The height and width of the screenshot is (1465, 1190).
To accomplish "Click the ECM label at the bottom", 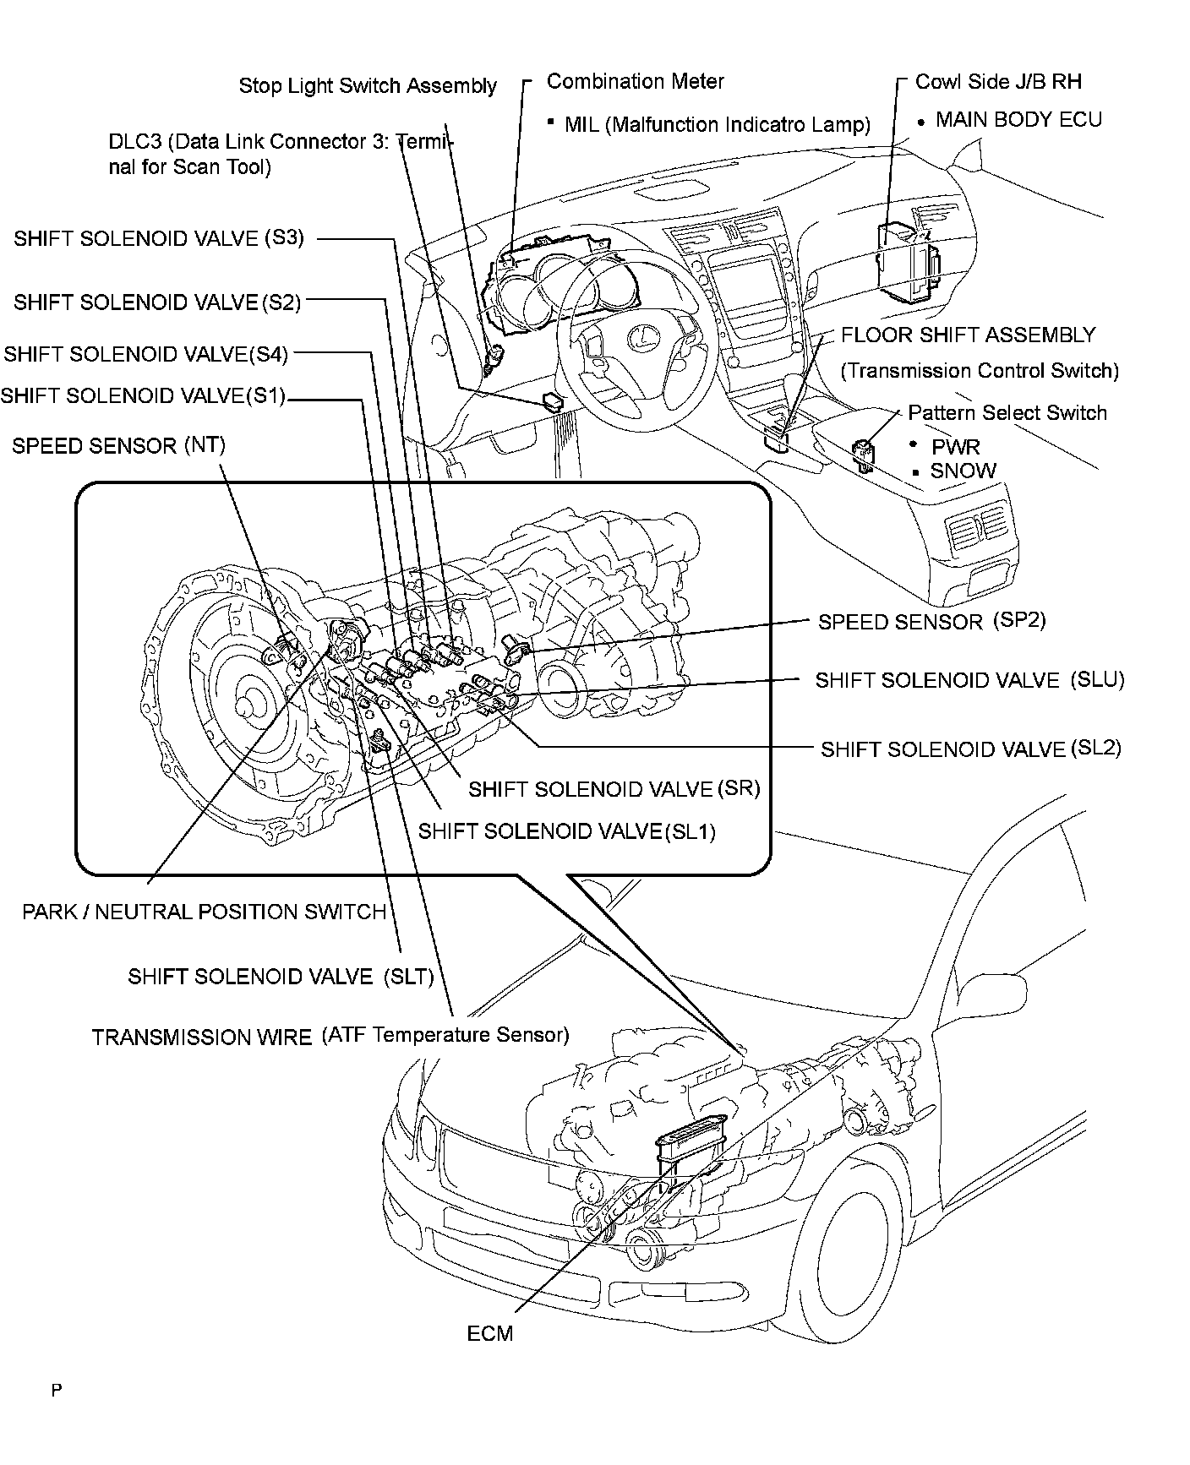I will [489, 1333].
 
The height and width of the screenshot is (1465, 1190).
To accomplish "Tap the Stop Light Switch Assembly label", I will [368, 85].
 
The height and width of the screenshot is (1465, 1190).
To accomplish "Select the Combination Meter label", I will [635, 81].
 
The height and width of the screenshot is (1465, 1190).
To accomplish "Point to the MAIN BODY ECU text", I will [1018, 120].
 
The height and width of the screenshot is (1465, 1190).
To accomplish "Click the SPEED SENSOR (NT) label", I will [118, 445].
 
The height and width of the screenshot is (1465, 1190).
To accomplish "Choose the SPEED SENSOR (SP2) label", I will [931, 622].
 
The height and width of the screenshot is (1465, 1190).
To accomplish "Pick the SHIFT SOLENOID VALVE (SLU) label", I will [969, 681].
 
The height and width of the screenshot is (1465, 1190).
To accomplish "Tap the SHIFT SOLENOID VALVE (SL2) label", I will [970, 749].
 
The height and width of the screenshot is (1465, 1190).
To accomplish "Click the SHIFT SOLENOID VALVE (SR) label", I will [614, 789].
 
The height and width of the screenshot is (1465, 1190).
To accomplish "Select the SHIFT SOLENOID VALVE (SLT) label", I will [281, 977].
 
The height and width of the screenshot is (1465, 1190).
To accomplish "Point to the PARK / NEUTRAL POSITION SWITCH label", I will [204, 912].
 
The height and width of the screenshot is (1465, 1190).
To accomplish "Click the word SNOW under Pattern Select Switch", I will [963, 471].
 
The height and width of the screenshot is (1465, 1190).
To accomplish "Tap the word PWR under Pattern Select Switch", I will [955, 446].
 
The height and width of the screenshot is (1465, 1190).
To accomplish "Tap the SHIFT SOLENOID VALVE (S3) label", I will [158, 238].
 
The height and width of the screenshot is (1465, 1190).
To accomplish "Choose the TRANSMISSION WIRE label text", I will [201, 1037].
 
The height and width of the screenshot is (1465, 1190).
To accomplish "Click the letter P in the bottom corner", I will [57, 1391].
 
